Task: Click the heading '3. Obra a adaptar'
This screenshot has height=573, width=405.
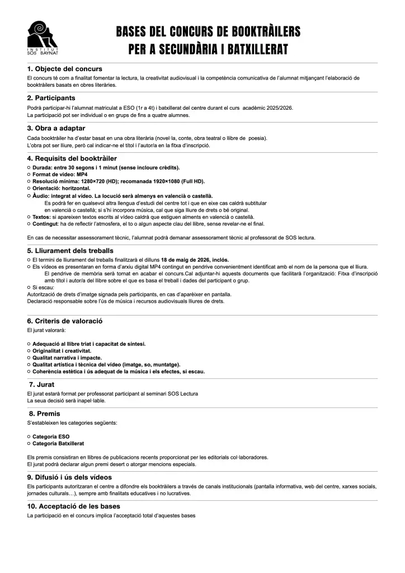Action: pyautogui.click(x=56, y=128)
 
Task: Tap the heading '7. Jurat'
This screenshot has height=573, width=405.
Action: pyautogui.click(x=42, y=384)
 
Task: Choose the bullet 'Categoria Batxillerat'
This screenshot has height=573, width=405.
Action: pyautogui.click(x=58, y=443)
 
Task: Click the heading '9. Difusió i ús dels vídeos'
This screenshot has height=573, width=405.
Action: pyautogui.click(x=69, y=477)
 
